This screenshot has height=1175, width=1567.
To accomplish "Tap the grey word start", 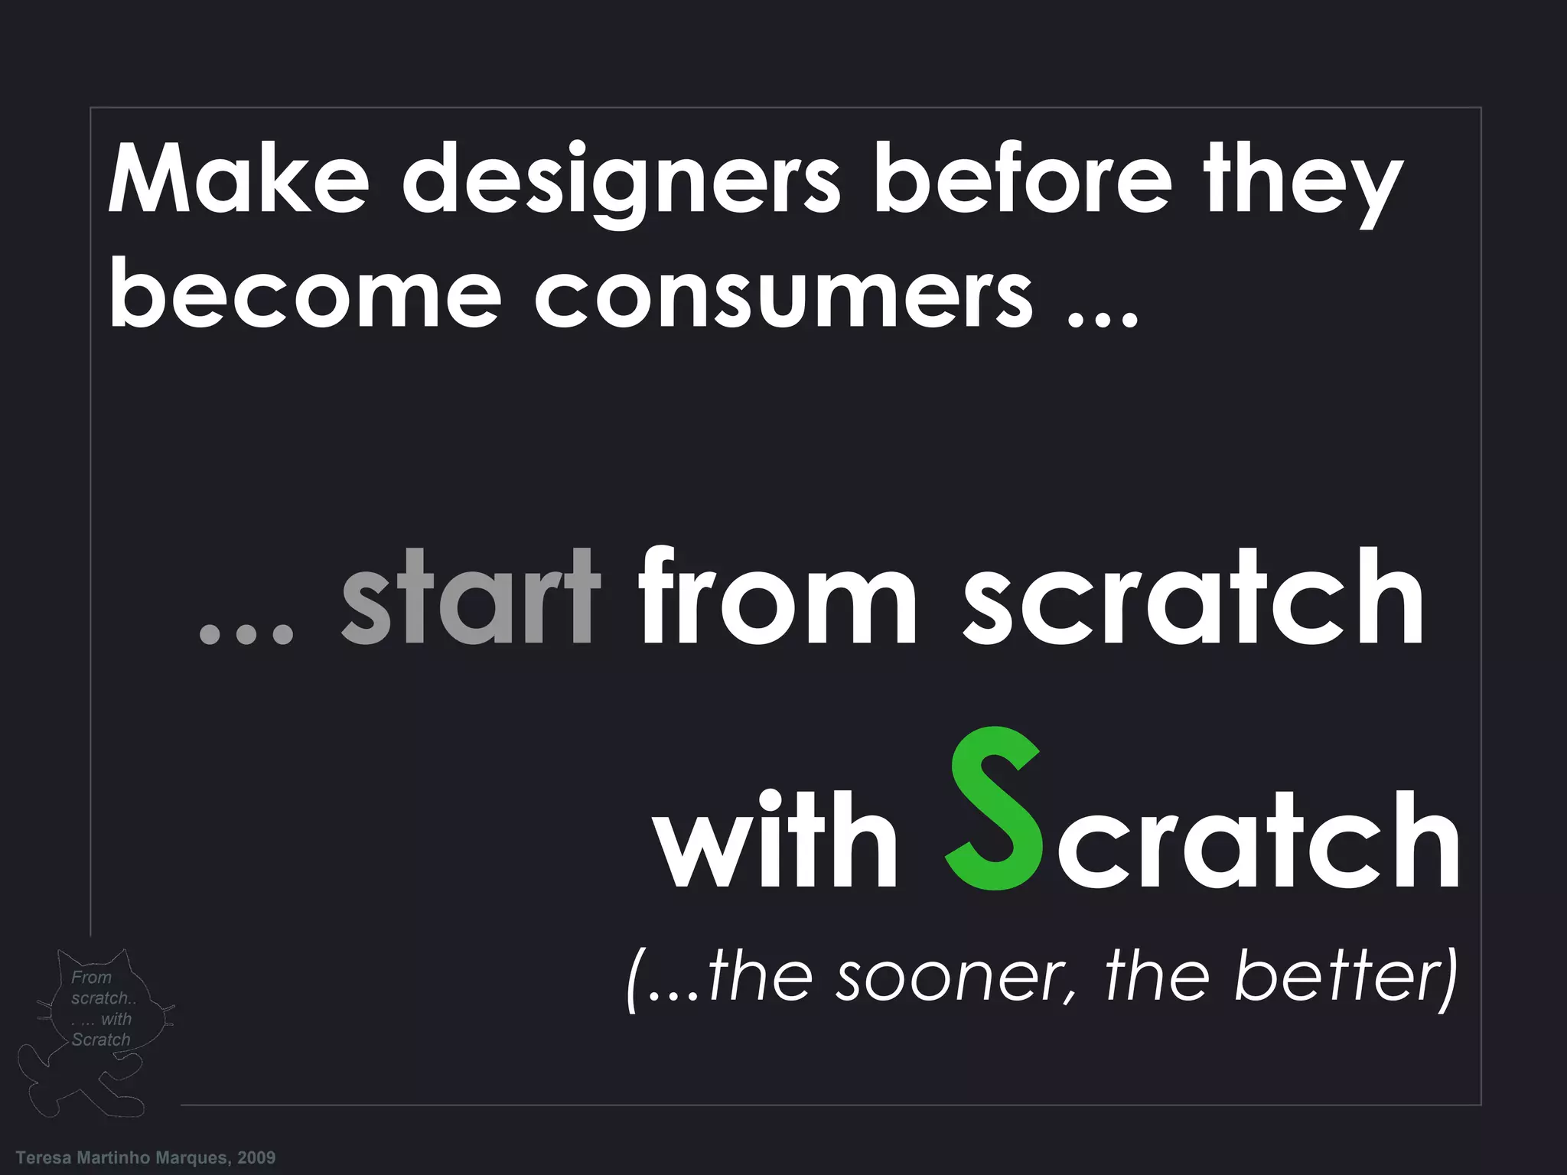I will tap(468, 598).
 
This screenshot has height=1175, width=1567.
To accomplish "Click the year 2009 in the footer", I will tap(256, 1157).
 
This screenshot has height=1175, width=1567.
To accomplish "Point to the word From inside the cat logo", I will tap(91, 977).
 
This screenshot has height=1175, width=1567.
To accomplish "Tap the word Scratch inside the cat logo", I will tap(101, 1040).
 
